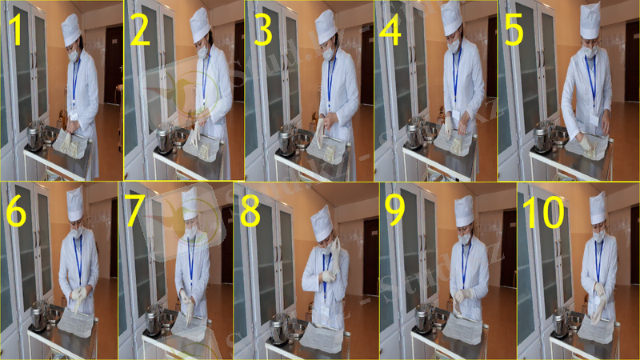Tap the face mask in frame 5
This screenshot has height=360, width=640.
(x=590, y=51)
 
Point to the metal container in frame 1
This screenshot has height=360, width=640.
(x=34, y=137)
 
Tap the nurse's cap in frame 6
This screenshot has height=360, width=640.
(x=74, y=205)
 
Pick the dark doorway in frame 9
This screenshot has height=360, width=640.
(x=508, y=248)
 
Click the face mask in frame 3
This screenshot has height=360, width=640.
(x=327, y=54)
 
